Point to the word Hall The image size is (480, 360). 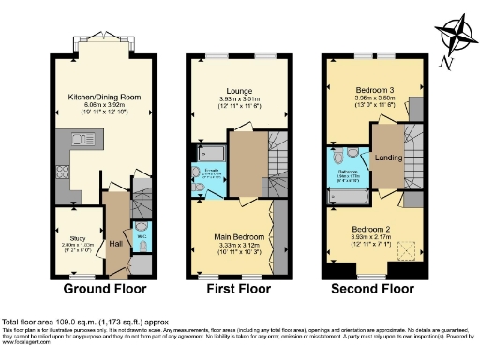pos(114,244)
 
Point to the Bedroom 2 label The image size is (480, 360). pos(367,229)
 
